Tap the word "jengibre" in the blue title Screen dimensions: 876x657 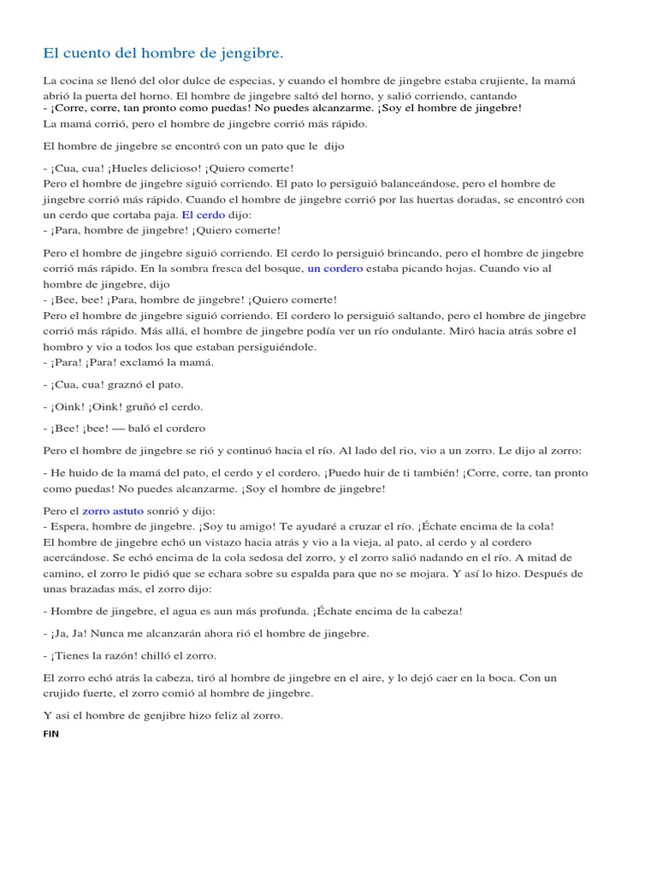(x=251, y=54)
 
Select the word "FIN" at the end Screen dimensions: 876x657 (x=51, y=734)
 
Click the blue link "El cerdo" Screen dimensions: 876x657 (x=203, y=215)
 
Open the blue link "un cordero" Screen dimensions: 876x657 (x=335, y=269)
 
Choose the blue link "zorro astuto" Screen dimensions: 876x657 (x=113, y=511)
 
